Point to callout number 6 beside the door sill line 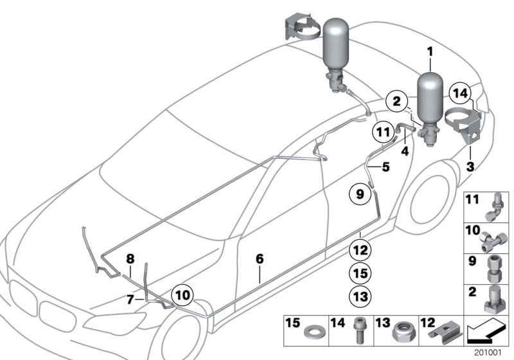tap(260, 258)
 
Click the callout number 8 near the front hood tap(130, 258)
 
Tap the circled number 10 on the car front tap(182, 296)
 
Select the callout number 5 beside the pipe tap(385, 166)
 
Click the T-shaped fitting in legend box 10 tap(496, 239)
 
